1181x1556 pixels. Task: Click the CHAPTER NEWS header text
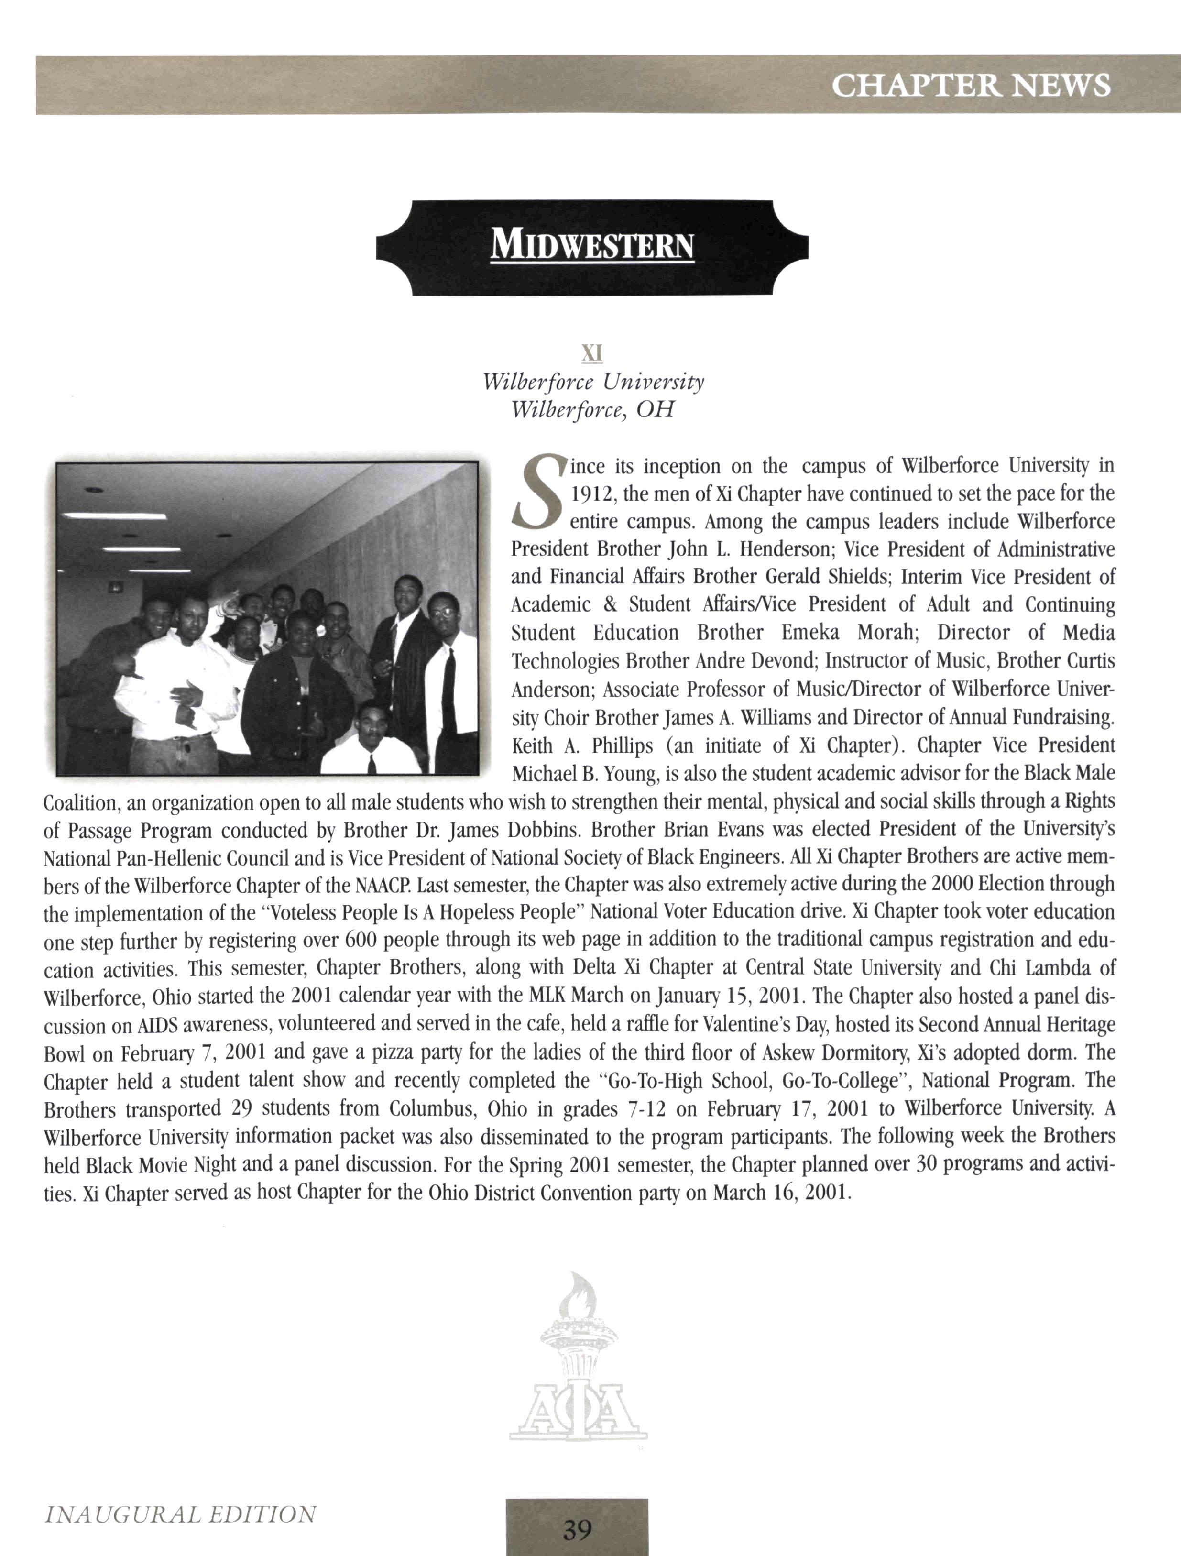click(x=971, y=85)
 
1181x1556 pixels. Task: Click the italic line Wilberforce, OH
click(x=592, y=409)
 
